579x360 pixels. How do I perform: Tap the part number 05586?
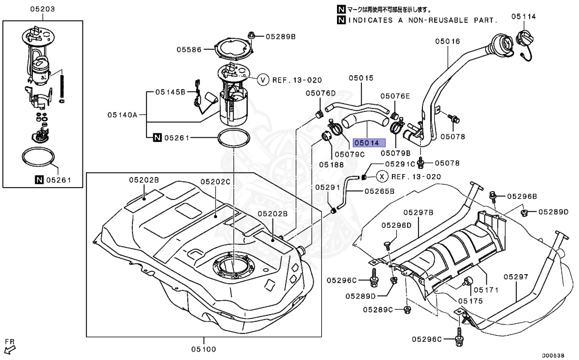click(189, 50)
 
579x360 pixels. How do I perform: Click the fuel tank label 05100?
click(202, 349)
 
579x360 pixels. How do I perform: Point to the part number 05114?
click(523, 16)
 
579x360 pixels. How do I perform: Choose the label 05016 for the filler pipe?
click(447, 41)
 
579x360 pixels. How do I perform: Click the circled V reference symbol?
click(263, 80)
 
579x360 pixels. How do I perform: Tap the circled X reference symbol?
click(382, 176)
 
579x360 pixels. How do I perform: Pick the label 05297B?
click(418, 212)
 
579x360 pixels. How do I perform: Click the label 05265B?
click(379, 191)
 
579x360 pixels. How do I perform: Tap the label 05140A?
click(123, 114)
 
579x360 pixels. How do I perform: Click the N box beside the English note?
click(341, 20)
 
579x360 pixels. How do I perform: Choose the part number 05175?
click(470, 301)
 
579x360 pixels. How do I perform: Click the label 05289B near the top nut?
click(282, 36)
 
